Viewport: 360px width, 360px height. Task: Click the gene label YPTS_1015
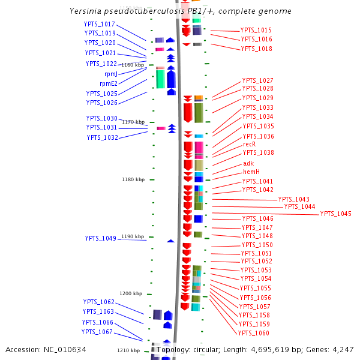[256, 30]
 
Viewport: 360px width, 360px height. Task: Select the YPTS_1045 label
[335, 214]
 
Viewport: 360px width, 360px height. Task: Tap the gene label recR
[249, 144]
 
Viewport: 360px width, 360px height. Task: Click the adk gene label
[248, 163]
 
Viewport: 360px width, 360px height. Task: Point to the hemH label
[251, 172]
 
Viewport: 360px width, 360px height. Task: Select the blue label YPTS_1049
[100, 238]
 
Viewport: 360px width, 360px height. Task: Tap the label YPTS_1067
[97, 332]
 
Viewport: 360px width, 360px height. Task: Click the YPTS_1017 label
[100, 24]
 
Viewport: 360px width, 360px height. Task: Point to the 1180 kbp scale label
[133, 179]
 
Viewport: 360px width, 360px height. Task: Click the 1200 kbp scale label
[130, 293]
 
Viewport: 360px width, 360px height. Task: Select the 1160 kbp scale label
[133, 65]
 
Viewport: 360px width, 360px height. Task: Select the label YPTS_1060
[253, 333]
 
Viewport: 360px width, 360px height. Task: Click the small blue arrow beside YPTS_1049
[170, 241]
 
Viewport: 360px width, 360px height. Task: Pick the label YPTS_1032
[102, 137]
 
